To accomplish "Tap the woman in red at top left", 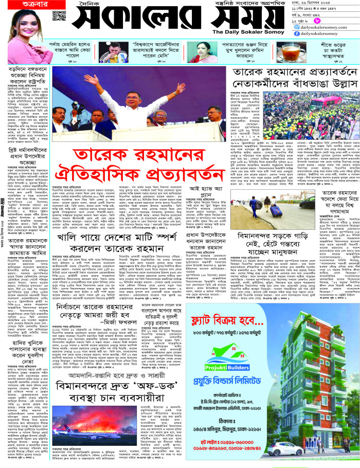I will (24, 36).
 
